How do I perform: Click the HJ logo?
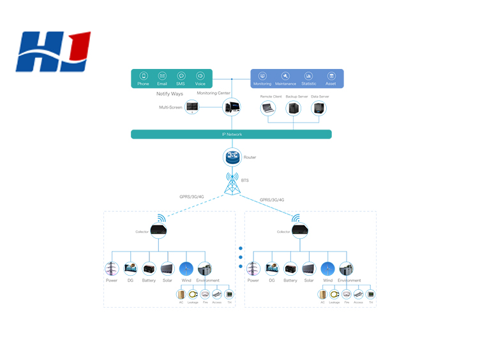54,52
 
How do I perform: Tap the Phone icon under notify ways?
144,75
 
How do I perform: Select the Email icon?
162,75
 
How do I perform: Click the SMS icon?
181,75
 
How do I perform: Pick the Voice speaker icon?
200,75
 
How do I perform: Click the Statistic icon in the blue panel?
308,76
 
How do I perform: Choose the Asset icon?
331,76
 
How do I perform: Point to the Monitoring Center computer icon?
231,107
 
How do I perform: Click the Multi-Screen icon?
192,107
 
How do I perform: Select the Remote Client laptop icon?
271,108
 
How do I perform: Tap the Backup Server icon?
294,108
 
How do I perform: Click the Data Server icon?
317,108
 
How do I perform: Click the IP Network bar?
231,134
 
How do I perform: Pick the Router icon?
231,156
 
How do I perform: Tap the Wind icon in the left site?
186,269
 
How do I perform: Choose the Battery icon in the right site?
290,269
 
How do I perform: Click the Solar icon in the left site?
167,269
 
